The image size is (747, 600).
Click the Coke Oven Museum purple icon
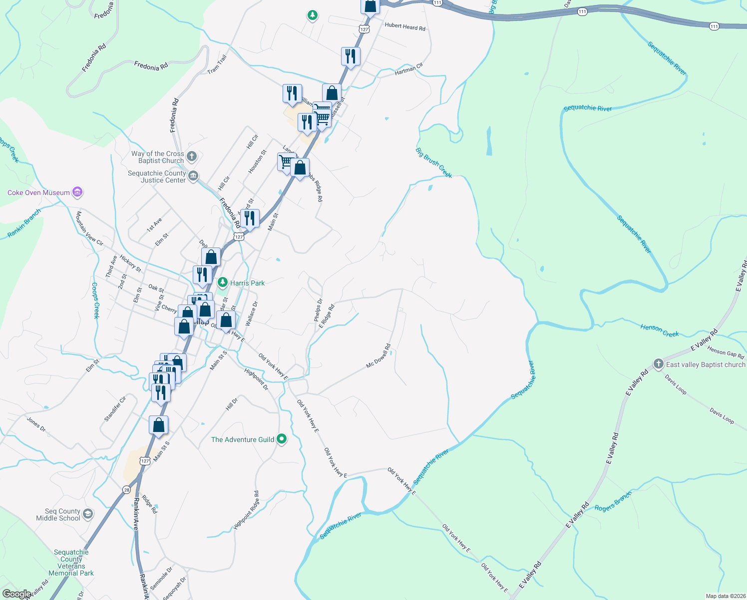[x=77, y=192]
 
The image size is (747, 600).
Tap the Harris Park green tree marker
[x=223, y=282]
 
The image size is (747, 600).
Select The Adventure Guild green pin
[x=282, y=439]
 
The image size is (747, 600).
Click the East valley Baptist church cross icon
[x=659, y=364]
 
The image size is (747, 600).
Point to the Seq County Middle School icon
[x=88, y=514]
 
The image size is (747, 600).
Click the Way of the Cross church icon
[x=192, y=156]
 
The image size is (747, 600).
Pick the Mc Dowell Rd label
[x=378, y=355]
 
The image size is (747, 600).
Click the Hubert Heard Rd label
[x=405, y=27]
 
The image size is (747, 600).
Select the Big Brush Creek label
[x=434, y=162]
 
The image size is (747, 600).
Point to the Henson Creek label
[x=660, y=330]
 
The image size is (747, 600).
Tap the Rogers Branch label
[x=613, y=501]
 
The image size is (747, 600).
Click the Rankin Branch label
[x=24, y=223]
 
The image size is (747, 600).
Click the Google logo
[x=16, y=594]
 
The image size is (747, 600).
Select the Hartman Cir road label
[x=408, y=69]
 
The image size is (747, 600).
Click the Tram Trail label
[x=217, y=64]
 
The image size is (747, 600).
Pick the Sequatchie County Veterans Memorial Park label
[x=71, y=562]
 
